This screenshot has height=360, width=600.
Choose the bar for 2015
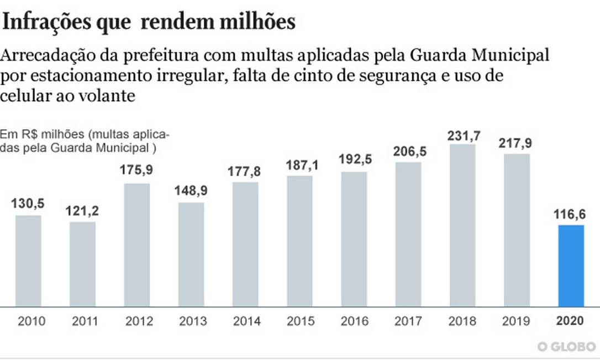click(x=299, y=241)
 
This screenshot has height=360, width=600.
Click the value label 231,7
click(x=462, y=135)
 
